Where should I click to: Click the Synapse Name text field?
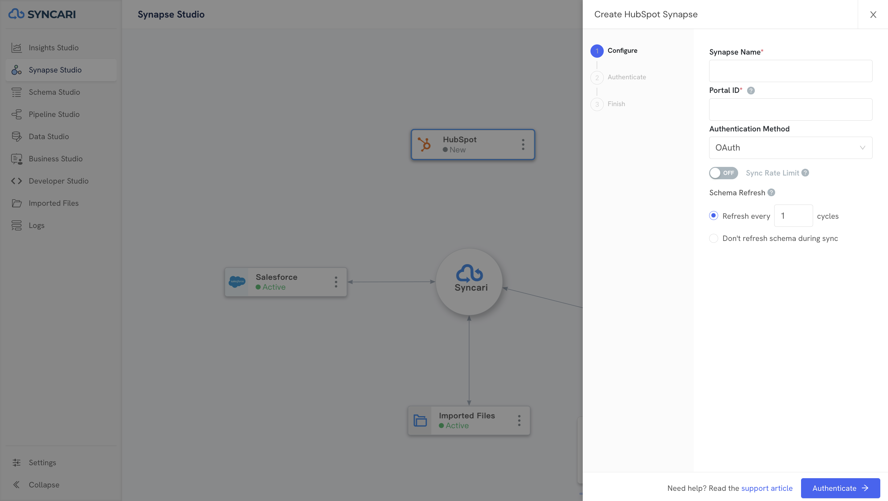click(x=791, y=71)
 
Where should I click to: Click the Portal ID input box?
click(x=791, y=109)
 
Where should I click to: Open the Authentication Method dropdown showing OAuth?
click(x=791, y=147)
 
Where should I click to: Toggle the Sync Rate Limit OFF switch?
click(x=723, y=173)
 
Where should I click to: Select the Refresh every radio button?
click(x=713, y=216)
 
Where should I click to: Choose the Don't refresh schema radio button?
click(x=713, y=238)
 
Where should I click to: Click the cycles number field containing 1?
click(x=793, y=216)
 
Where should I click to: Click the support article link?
click(x=767, y=488)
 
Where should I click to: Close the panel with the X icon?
click(x=873, y=14)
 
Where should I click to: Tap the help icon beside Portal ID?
click(x=751, y=90)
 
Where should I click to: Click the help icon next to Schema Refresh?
click(x=771, y=193)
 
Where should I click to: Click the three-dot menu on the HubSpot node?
click(x=523, y=144)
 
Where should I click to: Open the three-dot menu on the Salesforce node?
click(x=336, y=282)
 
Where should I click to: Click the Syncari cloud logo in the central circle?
click(x=469, y=273)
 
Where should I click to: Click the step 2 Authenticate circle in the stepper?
click(x=597, y=77)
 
